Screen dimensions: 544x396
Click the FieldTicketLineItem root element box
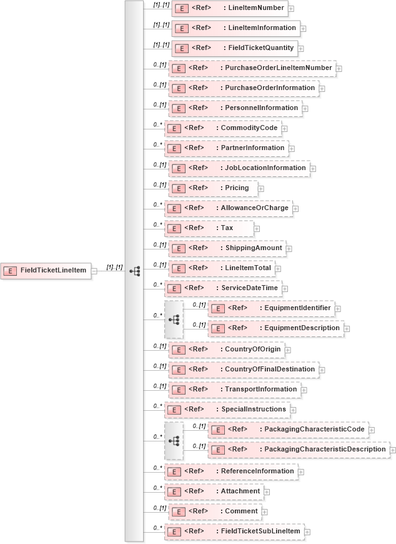(x=46, y=270)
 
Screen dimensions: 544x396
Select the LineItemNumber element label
(x=256, y=8)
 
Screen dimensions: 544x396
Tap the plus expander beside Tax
(x=257, y=229)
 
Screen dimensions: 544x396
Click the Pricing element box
(x=212, y=188)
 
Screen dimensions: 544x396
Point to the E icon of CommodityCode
(x=174, y=128)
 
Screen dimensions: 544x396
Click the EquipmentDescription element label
(x=302, y=328)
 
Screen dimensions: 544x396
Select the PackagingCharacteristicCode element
(x=287, y=430)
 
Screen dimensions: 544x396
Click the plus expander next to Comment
(x=264, y=512)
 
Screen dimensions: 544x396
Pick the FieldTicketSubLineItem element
(x=234, y=531)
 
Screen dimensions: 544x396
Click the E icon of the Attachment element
(x=174, y=491)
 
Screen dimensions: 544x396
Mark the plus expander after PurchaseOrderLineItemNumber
(x=339, y=69)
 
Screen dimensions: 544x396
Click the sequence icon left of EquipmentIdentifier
(x=174, y=319)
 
